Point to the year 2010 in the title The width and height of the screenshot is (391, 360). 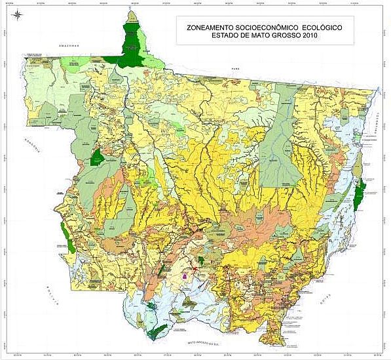coord(306,36)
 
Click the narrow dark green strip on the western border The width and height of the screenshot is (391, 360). coord(64,231)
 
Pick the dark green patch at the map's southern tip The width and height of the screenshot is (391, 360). coord(155,331)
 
